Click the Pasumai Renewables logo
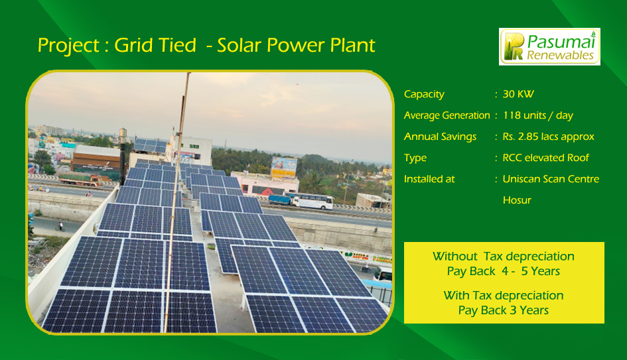coord(549,46)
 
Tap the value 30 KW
coord(518,94)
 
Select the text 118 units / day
coord(538,115)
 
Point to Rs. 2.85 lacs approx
coord(548,137)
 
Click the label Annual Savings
coord(441,137)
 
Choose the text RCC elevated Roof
coord(546,158)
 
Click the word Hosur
coord(517,200)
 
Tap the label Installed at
coord(429,179)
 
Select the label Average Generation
coord(447,115)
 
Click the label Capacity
coord(424,94)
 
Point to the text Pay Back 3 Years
coord(504,310)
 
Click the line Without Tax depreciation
coord(504,256)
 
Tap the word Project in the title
coord(68,46)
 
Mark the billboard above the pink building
coord(284,167)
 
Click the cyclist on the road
coord(60,227)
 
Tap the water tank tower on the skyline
coord(123,136)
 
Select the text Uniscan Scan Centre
coord(551,179)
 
